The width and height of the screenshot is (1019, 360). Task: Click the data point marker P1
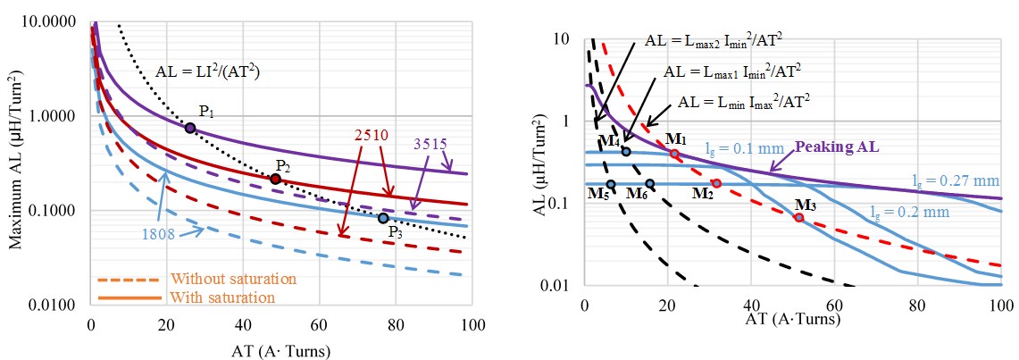(190, 129)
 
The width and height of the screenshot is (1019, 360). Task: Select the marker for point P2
(275, 179)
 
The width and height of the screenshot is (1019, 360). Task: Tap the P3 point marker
(383, 218)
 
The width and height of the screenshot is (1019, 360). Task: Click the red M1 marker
(674, 155)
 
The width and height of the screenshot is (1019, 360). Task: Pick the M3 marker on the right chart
(799, 218)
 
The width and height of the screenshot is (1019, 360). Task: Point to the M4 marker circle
(625, 152)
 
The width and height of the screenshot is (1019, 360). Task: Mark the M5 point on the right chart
(611, 185)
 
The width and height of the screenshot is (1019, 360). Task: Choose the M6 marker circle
(650, 184)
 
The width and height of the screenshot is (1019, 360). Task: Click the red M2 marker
(716, 183)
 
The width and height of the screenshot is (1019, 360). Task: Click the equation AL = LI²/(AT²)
(213, 71)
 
